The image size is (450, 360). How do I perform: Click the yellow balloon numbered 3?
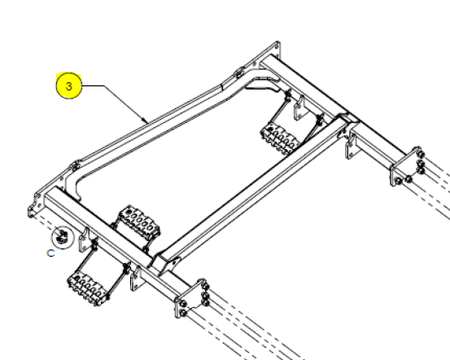pos(69,86)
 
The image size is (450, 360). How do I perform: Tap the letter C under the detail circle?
pos(50,253)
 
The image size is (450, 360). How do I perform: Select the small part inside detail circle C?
pos(62,235)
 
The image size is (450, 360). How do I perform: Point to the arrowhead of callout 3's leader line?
pos(146,121)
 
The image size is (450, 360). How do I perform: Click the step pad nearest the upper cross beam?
pos(280,139)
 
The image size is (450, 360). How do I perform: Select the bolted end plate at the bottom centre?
pos(192,298)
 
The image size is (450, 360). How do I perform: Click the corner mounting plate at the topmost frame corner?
pos(272,51)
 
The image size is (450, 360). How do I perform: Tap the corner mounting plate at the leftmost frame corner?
pos(35,203)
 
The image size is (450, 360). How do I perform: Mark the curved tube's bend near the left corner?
pos(72,181)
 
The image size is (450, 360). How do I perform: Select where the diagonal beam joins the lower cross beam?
pos(161,261)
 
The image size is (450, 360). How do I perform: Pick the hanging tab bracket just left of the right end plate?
pos(351,147)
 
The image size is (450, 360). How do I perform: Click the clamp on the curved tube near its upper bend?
pos(238,72)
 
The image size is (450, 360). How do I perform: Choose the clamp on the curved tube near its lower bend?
pos(75,165)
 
